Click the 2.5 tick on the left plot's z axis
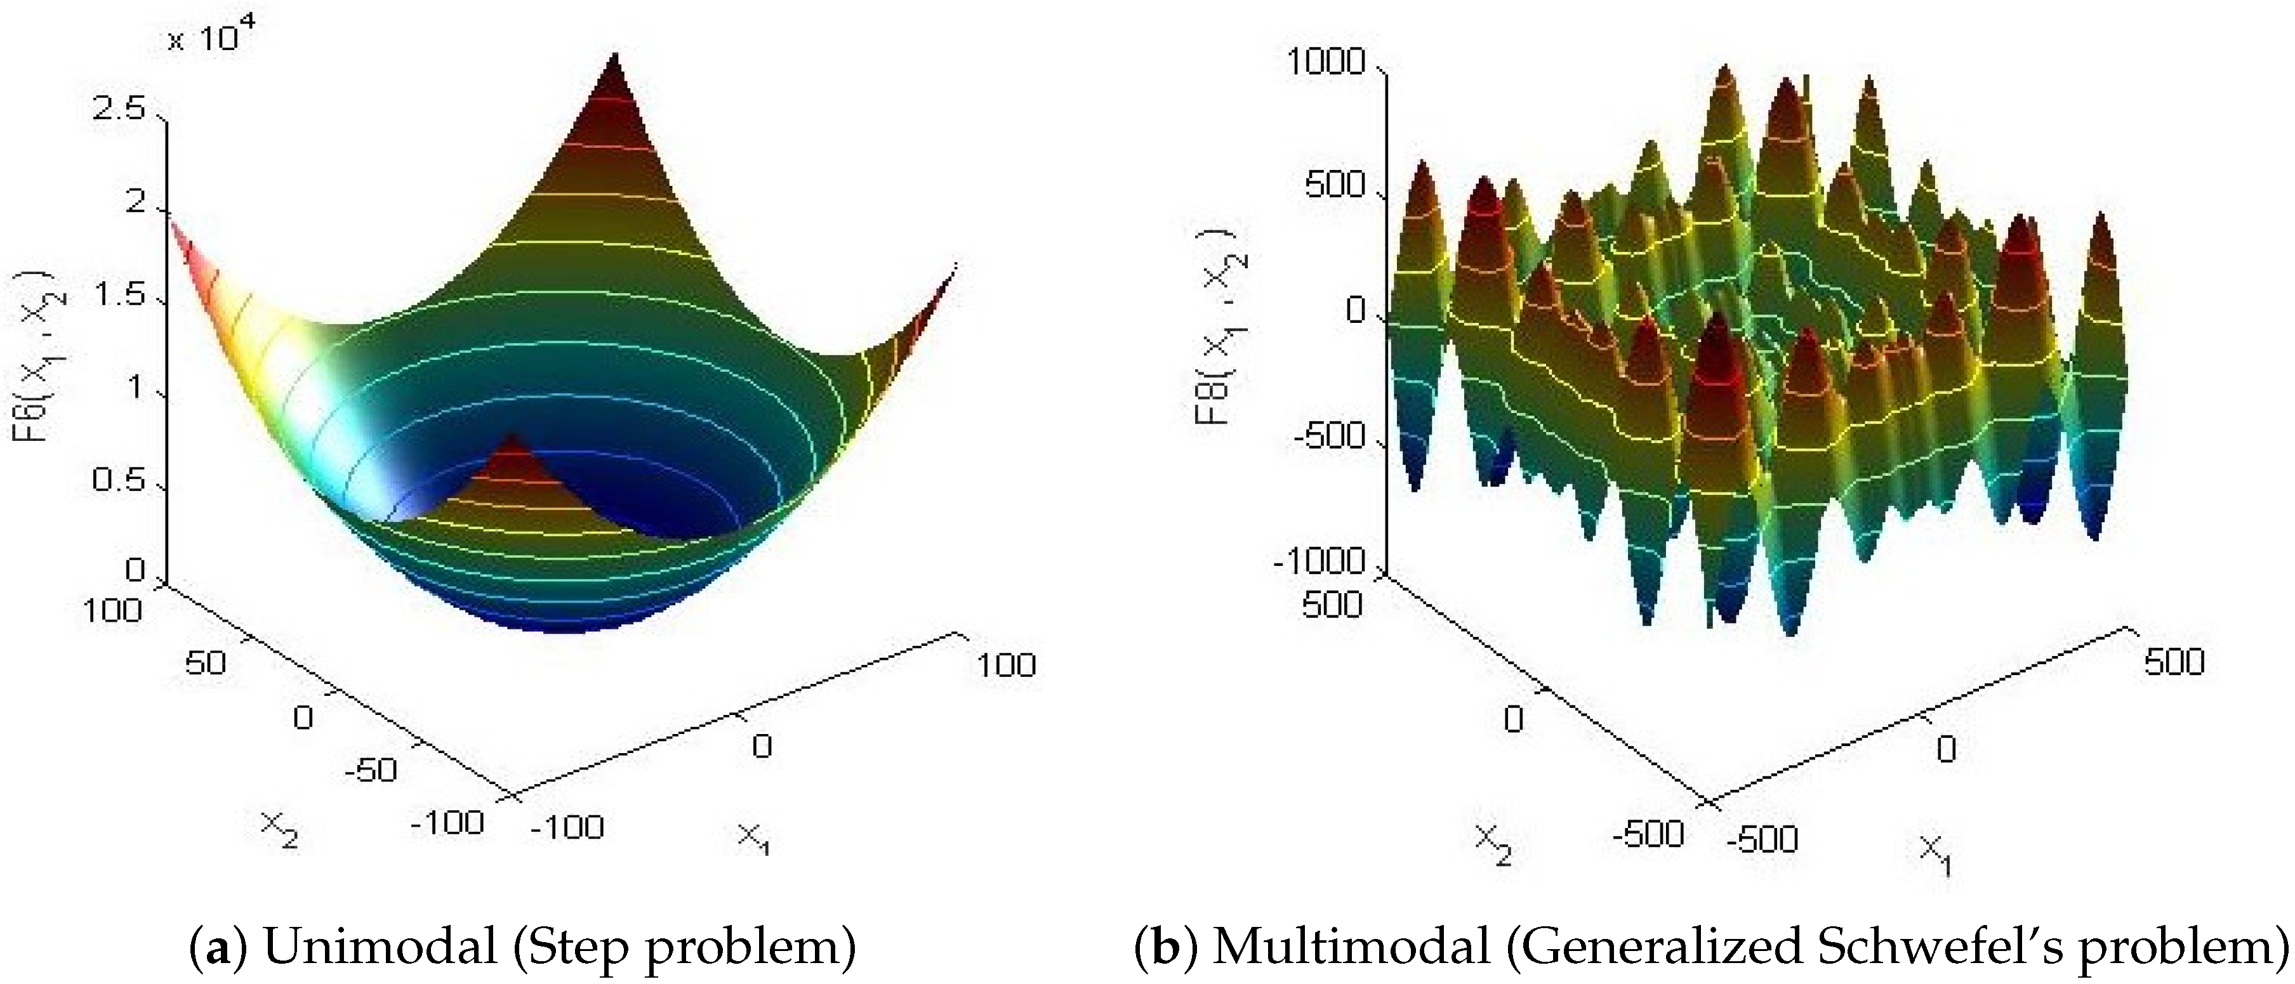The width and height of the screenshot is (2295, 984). pos(119,110)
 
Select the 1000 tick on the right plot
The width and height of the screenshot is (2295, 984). pos(1326,62)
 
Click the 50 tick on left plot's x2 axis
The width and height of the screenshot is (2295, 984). pos(205,662)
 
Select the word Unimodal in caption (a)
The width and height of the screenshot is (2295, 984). pos(380,947)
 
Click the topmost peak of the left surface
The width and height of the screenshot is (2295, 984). pos(614,57)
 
